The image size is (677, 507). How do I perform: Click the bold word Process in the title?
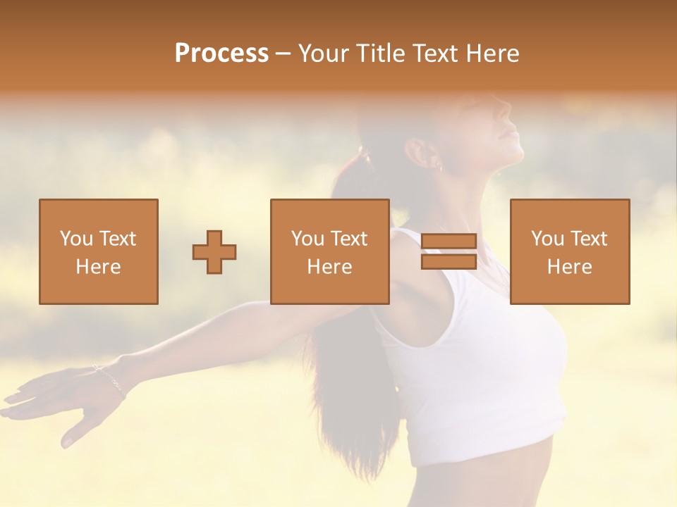[x=221, y=54]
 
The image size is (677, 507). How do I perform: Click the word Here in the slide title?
[x=493, y=54]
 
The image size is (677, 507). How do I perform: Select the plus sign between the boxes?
[x=214, y=251]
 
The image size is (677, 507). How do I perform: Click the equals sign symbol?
[x=449, y=251]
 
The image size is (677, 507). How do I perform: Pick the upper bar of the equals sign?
[x=449, y=242]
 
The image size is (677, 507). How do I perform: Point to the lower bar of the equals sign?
[x=449, y=261]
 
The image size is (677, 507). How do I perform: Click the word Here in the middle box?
[x=330, y=267]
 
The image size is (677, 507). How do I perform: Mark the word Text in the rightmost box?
[x=588, y=239]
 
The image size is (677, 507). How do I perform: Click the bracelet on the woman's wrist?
[x=109, y=378]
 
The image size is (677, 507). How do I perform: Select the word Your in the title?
[x=324, y=54]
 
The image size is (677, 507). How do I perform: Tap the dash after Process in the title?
[x=283, y=54]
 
